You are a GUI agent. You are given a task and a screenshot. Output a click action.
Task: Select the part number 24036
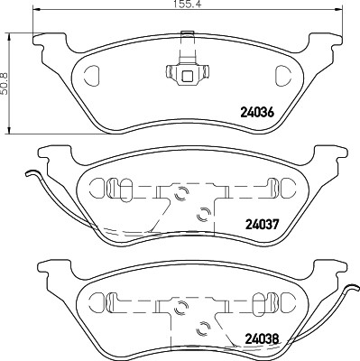click(257, 113)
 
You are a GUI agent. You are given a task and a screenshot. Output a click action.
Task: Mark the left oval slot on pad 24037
click(104, 187)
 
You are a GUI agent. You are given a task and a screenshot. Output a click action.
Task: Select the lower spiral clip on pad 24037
click(203, 214)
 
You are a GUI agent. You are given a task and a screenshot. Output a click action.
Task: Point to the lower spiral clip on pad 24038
click(203, 327)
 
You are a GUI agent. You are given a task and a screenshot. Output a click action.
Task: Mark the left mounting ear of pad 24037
click(47, 158)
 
